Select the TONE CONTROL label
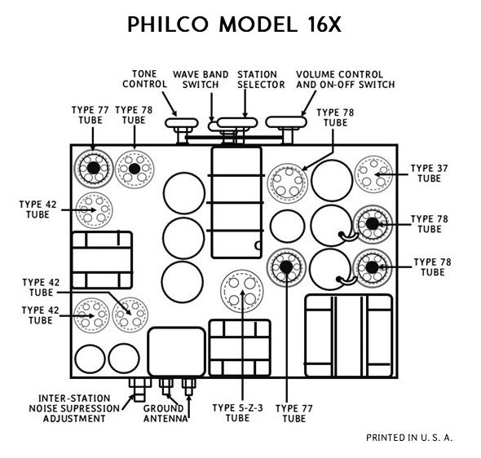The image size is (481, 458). [x=140, y=78]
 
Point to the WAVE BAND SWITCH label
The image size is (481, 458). [x=200, y=78]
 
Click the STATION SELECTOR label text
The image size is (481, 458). [x=261, y=78]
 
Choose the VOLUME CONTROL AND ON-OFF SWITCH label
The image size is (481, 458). [x=345, y=78]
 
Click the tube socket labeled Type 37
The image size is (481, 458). [x=373, y=173]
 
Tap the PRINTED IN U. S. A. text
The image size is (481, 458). [x=409, y=438]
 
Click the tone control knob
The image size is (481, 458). [x=181, y=124]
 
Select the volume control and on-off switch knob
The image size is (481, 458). [x=285, y=123]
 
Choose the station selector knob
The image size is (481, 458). [x=242, y=124]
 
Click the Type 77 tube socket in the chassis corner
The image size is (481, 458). [x=93, y=168]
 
